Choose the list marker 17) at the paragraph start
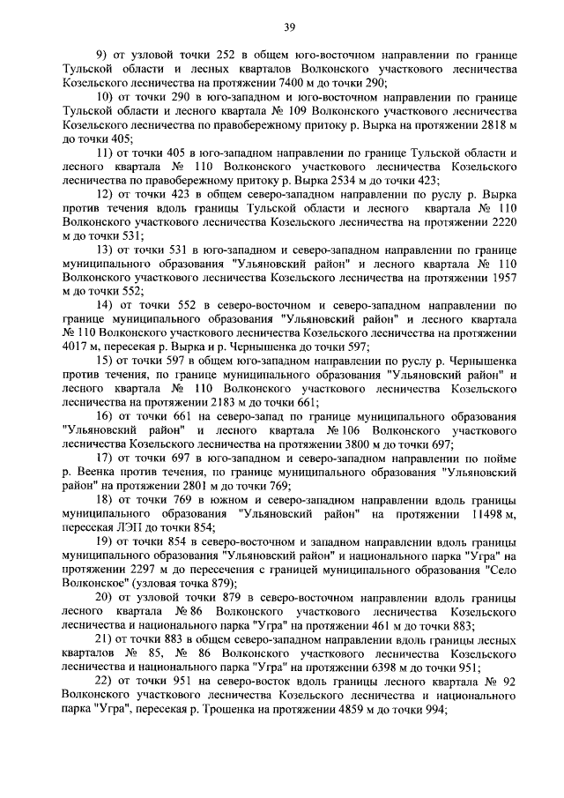tap(103, 459)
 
